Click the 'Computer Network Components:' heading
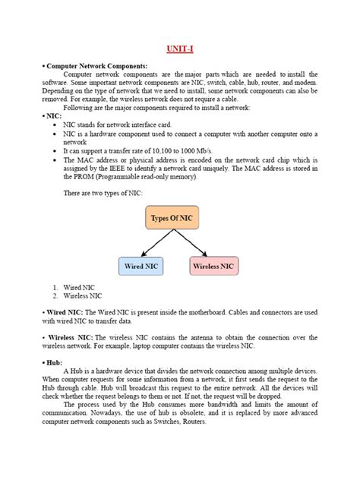[96, 67]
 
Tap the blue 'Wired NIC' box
[141, 266]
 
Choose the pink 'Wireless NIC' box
[213, 266]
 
